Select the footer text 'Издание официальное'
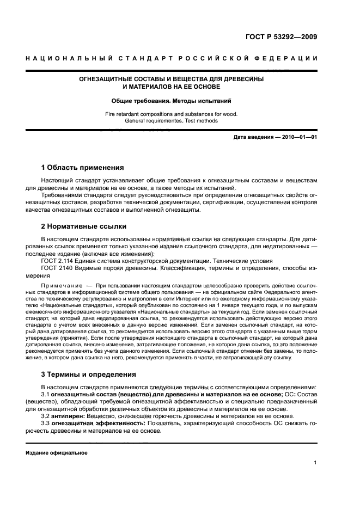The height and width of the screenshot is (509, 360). pyautogui.click(x=57, y=452)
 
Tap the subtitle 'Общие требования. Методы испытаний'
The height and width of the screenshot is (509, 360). pyautogui.click(x=172, y=101)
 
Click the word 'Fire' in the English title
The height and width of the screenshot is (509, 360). pyautogui.click(x=111, y=114)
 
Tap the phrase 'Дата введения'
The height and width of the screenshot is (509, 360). pyautogui.click(x=253, y=137)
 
